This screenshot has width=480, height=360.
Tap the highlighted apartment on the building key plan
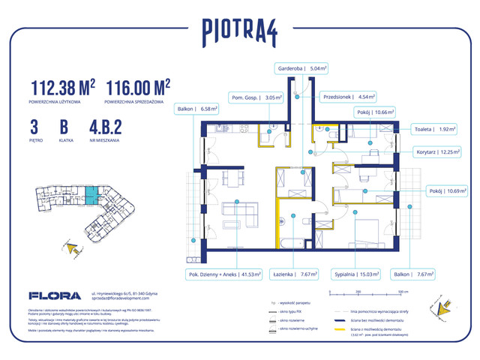coord(90,198)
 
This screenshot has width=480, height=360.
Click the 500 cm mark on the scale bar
coord(402,292)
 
